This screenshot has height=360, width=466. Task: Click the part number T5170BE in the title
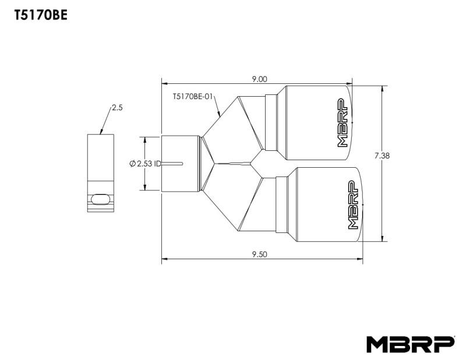click(x=40, y=16)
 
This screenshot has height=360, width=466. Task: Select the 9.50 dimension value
click(x=259, y=254)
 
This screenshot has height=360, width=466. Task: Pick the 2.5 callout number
click(x=116, y=108)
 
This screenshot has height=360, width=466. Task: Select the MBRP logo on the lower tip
click(x=353, y=206)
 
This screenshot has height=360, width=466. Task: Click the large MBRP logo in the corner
click(x=409, y=344)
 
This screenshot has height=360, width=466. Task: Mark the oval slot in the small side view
click(x=100, y=199)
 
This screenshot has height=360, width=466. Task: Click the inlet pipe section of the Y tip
click(x=180, y=163)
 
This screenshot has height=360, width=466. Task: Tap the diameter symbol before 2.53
click(x=132, y=164)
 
